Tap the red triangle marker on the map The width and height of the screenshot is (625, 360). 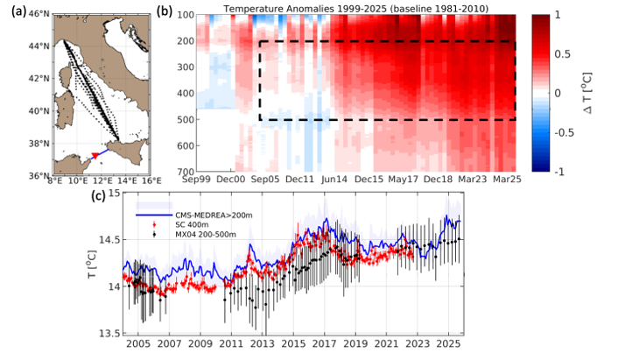(95, 156)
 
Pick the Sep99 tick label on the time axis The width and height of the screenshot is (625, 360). (199, 180)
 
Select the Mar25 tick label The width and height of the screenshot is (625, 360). (500, 180)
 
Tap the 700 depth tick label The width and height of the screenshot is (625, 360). (183, 172)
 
